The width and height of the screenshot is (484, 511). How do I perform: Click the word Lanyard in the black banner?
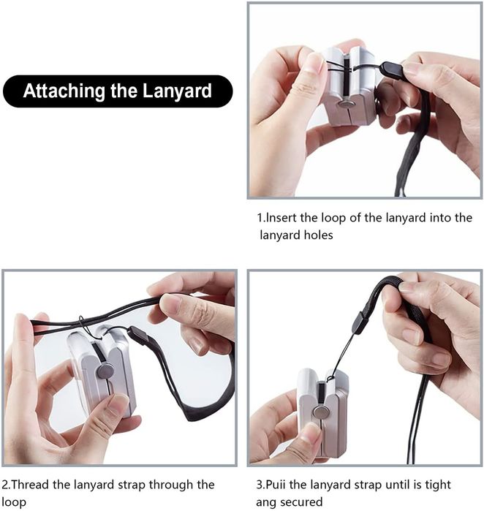coord(178,91)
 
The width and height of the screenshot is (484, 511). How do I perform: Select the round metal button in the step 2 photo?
coord(105,371)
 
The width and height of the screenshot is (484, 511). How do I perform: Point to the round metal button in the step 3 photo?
coord(319,412)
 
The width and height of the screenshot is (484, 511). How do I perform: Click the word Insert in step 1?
coord(282,217)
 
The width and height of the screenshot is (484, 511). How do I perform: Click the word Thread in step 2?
coord(30,485)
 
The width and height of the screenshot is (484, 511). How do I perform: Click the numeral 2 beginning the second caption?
coord(4,485)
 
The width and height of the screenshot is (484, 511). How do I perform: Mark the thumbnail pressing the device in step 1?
coord(314,64)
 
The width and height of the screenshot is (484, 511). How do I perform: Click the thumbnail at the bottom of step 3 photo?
coord(311,433)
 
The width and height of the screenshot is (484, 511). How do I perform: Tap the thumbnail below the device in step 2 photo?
coord(118,403)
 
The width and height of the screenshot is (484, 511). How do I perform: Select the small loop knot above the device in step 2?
coord(80,321)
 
